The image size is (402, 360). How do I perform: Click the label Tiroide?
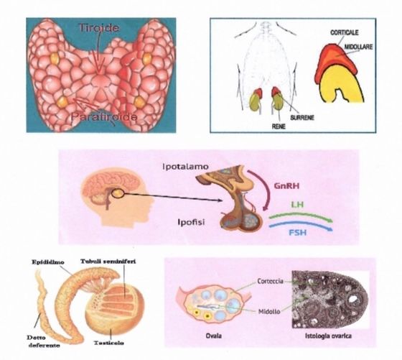coord(99,28)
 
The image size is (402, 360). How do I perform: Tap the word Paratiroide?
coord(104,117)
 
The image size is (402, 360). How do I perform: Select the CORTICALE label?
coord(345,32)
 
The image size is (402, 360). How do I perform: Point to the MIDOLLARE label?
coord(358,47)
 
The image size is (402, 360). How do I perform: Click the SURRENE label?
coord(302,118)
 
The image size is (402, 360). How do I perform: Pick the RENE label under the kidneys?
coord(279,126)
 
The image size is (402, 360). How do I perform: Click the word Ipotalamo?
coord(186,167)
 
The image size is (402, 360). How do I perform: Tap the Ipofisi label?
coord(191,222)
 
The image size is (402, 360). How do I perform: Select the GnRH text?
coord(286,186)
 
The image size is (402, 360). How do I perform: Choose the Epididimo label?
coord(48,262)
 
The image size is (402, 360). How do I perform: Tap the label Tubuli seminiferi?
coord(108,262)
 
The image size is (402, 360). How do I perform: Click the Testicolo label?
coord(109,343)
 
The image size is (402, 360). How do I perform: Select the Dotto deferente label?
coord(44,341)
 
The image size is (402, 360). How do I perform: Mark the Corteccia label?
coord(271,281)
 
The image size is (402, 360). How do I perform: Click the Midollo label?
coord(269,312)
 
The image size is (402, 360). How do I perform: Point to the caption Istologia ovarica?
coord(329,336)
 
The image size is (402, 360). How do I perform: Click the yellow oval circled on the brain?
coord(118,194)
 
